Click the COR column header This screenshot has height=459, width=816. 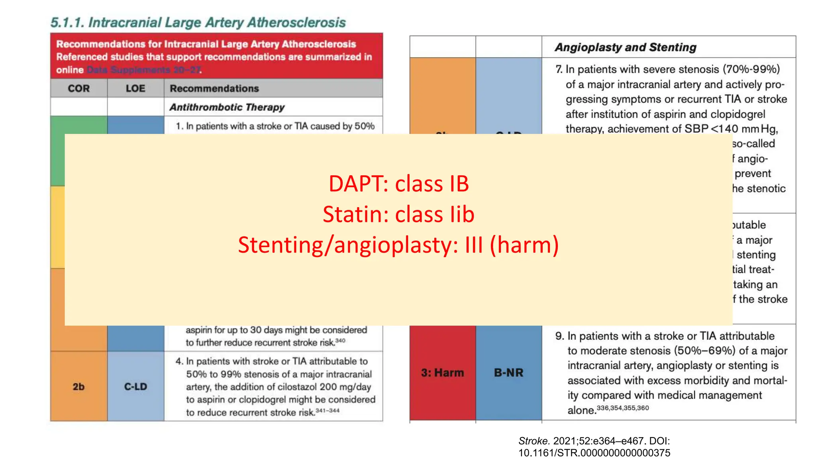pyautogui.click(x=78, y=88)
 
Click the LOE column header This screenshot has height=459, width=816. pyautogui.click(x=135, y=88)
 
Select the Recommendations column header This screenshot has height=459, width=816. pyautogui.click(x=214, y=88)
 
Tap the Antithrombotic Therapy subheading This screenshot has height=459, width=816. pyautogui.click(x=227, y=107)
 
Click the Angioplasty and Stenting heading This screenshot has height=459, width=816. pyautogui.click(x=625, y=47)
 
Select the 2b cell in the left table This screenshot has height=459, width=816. pyautogui.click(x=78, y=386)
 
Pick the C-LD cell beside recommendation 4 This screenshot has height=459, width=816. pyautogui.click(x=135, y=386)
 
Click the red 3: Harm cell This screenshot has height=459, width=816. pyautogui.click(x=442, y=373)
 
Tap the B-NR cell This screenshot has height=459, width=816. pyautogui.click(x=508, y=373)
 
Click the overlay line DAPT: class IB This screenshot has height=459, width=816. pyautogui.click(x=398, y=184)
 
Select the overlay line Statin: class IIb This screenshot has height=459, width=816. pyautogui.click(x=398, y=214)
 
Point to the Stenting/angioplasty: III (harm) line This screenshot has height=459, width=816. pyautogui.click(x=398, y=245)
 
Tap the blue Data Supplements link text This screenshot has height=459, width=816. pyautogui.click(x=143, y=70)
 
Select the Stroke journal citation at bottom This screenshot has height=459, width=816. pyautogui.click(x=594, y=447)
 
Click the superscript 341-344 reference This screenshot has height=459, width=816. pyautogui.click(x=328, y=410)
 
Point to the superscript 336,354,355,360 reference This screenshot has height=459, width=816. pyautogui.click(x=623, y=408)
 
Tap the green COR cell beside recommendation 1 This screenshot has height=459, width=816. pyautogui.click(x=78, y=126)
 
